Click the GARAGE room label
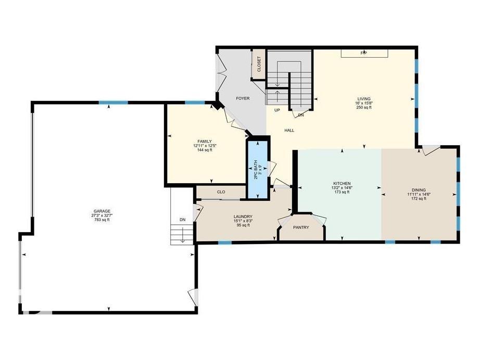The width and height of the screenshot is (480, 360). pyautogui.click(x=102, y=211)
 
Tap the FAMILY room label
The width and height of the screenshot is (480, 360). pyautogui.click(x=204, y=142)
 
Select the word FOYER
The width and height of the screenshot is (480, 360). pyautogui.click(x=243, y=98)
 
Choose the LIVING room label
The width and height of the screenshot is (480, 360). pyautogui.click(x=363, y=98)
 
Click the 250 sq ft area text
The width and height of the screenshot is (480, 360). pyautogui.click(x=363, y=108)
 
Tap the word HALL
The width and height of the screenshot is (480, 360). pyautogui.click(x=289, y=131)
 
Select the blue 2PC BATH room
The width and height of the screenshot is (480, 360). pyautogui.click(x=258, y=169)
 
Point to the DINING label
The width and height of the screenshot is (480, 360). pyautogui.click(x=419, y=190)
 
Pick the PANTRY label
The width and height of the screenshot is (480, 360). pyautogui.click(x=301, y=227)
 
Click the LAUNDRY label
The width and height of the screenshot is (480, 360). pyautogui.click(x=243, y=216)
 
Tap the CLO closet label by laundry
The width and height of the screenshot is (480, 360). pyautogui.click(x=221, y=192)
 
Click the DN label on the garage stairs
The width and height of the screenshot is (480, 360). pyautogui.click(x=182, y=220)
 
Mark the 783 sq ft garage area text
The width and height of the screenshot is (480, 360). pyautogui.click(x=102, y=220)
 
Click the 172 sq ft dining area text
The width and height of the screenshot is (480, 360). pyautogui.click(x=419, y=199)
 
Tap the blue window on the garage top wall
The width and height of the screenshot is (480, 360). pyautogui.click(x=113, y=102)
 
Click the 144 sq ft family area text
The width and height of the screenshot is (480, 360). pyautogui.click(x=204, y=150)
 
